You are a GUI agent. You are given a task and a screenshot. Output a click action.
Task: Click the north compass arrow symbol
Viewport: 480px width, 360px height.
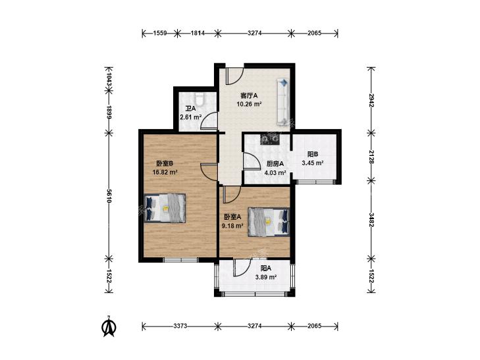[109, 326]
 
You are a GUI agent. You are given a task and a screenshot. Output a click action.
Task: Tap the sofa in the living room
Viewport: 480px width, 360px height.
[283, 102]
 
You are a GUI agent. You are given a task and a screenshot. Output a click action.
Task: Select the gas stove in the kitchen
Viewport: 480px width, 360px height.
[270, 139]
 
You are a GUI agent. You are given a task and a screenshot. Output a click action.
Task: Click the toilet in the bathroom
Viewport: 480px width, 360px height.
[200, 99]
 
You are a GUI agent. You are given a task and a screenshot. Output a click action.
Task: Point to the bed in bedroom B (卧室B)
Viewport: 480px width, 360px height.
[165, 208]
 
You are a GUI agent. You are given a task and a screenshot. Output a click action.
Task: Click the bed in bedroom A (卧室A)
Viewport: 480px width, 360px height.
[269, 222]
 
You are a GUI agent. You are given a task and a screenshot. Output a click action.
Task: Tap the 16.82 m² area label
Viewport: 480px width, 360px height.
[165, 172]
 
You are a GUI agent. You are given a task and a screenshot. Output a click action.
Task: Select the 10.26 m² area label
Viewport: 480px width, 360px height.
[249, 104]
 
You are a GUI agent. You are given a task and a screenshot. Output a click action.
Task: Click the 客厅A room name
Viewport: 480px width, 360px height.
[249, 95]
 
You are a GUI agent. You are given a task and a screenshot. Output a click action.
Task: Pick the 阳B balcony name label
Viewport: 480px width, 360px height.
[313, 155]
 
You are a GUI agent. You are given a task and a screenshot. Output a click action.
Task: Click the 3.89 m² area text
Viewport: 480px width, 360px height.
[266, 277]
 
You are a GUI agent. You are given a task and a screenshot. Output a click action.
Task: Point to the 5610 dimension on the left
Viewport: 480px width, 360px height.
[109, 196]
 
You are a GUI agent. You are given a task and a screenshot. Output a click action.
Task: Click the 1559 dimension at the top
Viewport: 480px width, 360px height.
[159, 33]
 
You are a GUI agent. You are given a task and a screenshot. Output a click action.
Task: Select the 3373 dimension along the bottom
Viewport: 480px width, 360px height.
[180, 326]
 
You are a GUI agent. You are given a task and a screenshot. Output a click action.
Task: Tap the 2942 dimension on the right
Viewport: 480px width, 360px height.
[371, 100]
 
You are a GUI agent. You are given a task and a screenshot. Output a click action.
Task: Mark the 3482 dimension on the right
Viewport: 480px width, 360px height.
[371, 220]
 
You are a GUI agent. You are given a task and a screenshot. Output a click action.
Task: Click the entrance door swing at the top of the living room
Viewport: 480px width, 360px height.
[234, 75]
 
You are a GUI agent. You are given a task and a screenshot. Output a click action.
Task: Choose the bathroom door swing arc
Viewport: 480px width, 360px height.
[209, 120]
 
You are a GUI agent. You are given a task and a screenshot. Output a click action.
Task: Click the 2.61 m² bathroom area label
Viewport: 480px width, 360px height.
[191, 117]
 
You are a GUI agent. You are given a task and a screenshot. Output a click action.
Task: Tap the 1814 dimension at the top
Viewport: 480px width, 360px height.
[198, 33]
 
